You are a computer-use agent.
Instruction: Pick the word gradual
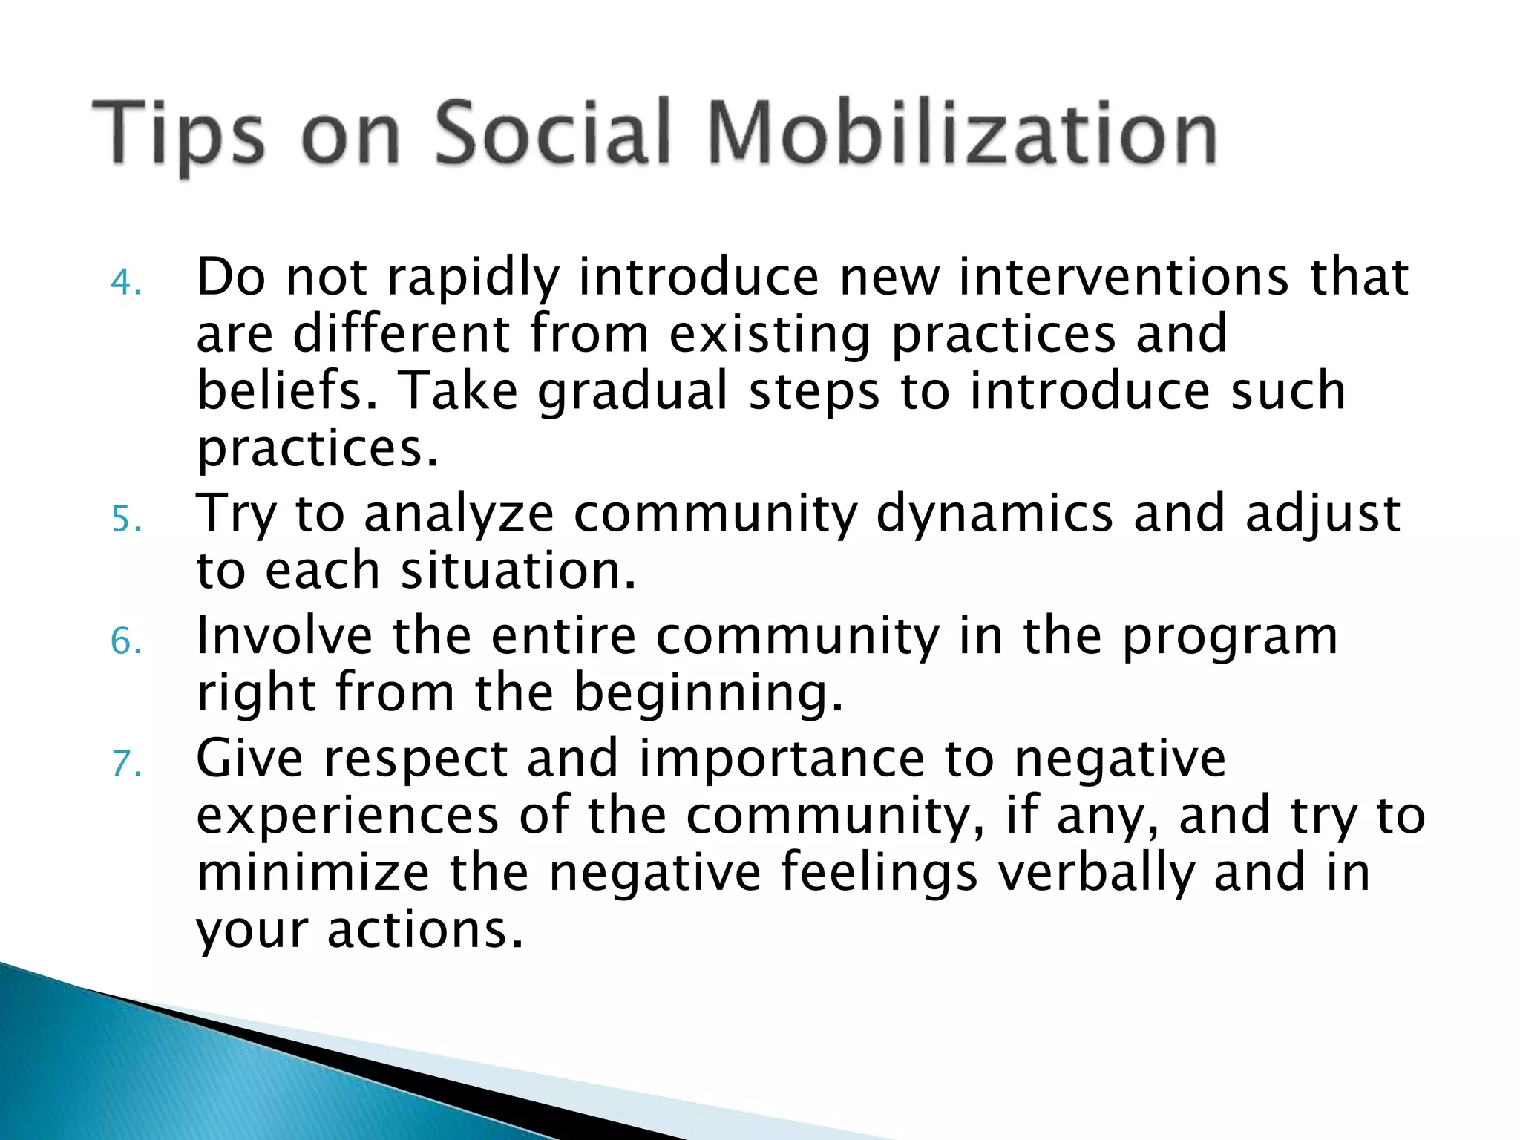pos(633,392)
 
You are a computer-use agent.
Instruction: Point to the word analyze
pos(459,514)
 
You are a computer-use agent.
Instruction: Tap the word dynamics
pos(995,514)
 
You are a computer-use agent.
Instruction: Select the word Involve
pos(284,636)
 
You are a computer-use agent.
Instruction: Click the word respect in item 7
pos(416,760)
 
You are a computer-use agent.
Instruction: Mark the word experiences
pos(347,816)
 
